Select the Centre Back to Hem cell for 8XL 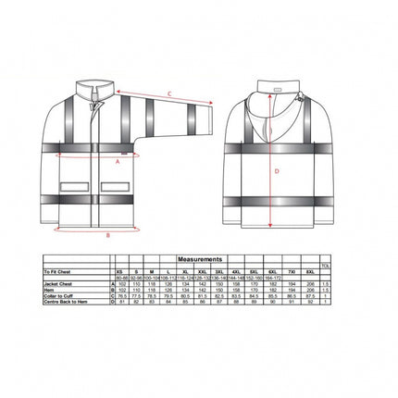click(305, 302)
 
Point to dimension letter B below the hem click(108, 235)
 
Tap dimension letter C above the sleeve click(168, 92)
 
